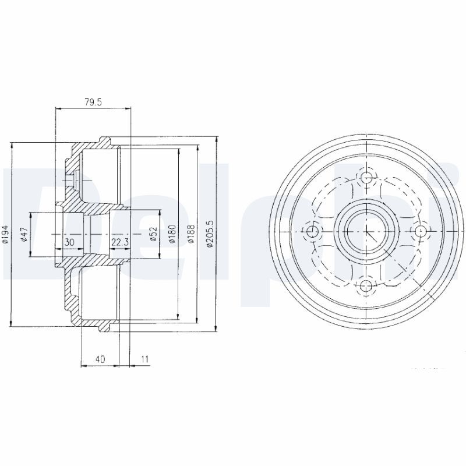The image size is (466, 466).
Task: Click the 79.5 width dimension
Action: [x=93, y=102]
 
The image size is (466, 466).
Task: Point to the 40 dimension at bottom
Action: [x=100, y=359]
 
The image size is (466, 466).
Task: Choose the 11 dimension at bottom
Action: [x=145, y=359]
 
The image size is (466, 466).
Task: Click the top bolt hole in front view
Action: [x=366, y=178]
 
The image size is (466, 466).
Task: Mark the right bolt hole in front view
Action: [x=420, y=232]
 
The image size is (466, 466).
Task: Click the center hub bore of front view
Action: [x=366, y=232]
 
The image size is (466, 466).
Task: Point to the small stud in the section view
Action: [x=71, y=180]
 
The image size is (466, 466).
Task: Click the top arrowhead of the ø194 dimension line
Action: [x=12, y=144]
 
